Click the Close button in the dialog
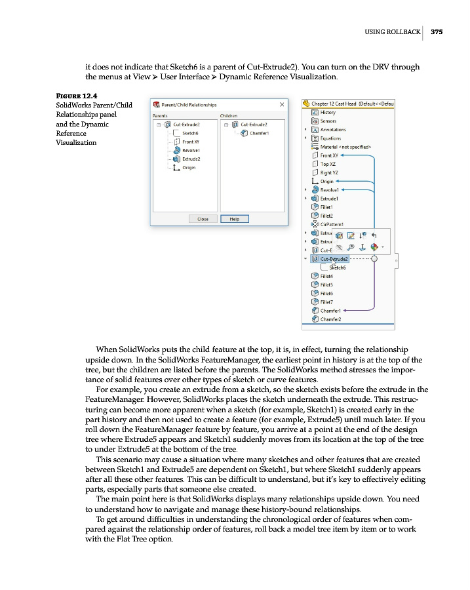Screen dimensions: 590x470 (203, 219)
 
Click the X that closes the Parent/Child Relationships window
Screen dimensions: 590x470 (281, 104)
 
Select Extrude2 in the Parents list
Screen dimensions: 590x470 (191, 159)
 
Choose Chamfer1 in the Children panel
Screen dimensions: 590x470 (262, 133)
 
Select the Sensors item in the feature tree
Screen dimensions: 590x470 (328, 121)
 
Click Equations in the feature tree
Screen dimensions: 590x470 (330, 138)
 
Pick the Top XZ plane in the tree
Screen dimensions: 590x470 (329, 164)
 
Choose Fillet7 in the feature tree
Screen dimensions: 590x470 (326, 302)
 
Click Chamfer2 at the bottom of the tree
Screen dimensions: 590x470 (330, 319)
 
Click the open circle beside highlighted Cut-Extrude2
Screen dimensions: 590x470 (374, 259)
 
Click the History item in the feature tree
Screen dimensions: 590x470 (328, 113)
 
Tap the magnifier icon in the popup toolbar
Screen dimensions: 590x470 (351, 247)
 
